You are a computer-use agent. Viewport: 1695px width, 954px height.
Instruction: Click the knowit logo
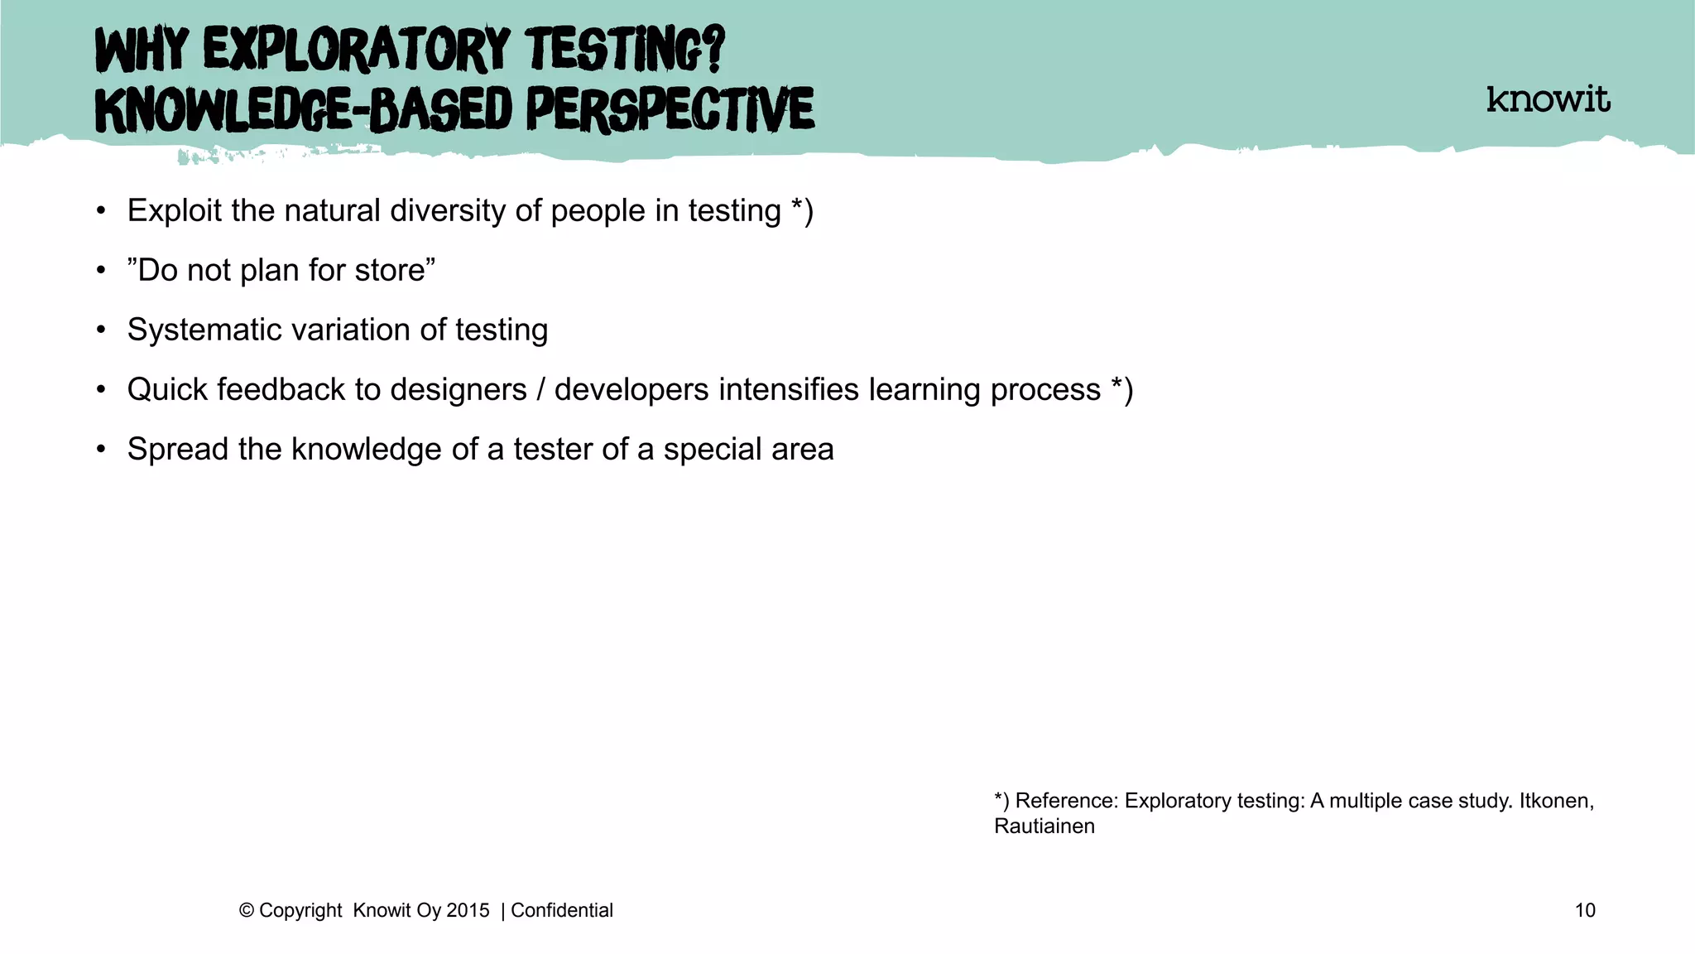pos(1548,99)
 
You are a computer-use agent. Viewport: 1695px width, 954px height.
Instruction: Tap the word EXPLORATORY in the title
pos(356,50)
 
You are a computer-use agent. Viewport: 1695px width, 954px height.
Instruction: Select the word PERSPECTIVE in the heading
pos(670,110)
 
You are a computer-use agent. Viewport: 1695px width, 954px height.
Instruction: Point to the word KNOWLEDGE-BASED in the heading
pos(304,110)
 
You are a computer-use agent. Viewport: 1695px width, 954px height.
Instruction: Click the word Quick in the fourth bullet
pos(166,389)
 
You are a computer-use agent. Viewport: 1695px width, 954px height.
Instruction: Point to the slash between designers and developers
pos(540,389)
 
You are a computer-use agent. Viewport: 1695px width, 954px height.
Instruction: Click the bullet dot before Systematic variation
pos(101,330)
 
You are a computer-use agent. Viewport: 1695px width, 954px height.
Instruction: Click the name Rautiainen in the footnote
pos(1044,826)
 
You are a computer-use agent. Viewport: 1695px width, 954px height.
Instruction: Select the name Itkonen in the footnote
pos(1555,801)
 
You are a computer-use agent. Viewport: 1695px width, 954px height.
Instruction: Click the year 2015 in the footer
pos(468,910)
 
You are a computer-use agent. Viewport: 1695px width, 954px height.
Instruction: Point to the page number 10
pos(1584,910)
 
